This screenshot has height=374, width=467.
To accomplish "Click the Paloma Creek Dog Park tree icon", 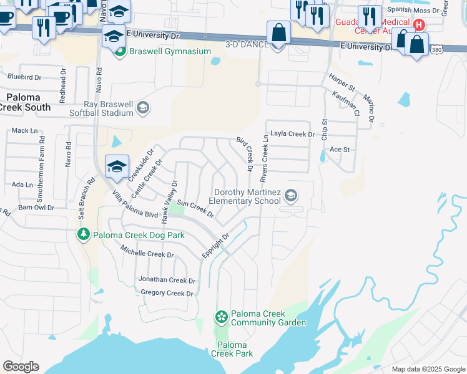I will (x=82, y=234).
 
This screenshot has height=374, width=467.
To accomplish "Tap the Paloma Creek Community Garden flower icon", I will (x=220, y=318).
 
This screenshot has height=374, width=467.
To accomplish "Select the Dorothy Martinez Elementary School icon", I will (x=290, y=196).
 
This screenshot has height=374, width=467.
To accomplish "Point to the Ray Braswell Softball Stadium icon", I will (x=142, y=108).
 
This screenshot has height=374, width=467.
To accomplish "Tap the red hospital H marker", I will (x=420, y=26).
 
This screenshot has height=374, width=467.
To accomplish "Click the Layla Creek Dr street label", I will (x=292, y=134).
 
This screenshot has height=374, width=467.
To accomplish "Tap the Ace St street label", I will (x=340, y=150).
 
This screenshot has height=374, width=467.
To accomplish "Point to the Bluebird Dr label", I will (x=24, y=77).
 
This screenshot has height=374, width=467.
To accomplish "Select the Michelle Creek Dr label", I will (x=147, y=254).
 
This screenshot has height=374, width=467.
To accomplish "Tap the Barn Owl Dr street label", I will (x=34, y=207).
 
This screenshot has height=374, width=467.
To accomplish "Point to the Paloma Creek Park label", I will (x=232, y=349).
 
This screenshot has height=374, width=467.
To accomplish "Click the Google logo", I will (x=21, y=367).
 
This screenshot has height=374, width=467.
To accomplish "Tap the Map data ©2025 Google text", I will (x=428, y=369).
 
